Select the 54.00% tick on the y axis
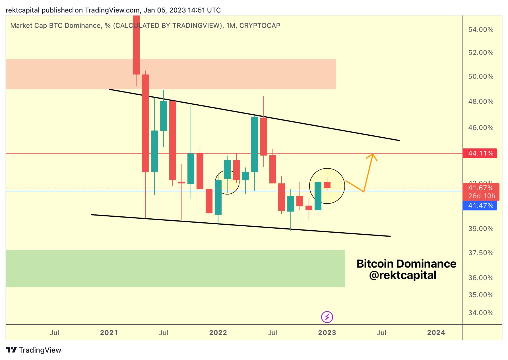[x=481, y=30]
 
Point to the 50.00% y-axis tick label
[x=481, y=76]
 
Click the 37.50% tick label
[x=481, y=253]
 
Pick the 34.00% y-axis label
[x=481, y=313]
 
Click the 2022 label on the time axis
[x=218, y=333]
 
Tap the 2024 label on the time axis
[x=436, y=333]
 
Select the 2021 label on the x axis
[x=109, y=333]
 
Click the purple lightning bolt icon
[x=327, y=317]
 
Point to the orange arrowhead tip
[x=373, y=154]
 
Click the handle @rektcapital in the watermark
[x=402, y=275]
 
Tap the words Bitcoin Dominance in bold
[x=406, y=264]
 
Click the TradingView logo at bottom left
[x=34, y=350]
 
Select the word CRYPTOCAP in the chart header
[x=260, y=26]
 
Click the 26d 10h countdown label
[x=482, y=196]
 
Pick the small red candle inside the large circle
[x=327, y=185]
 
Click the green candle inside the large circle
[x=318, y=196]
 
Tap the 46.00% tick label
[x=481, y=128]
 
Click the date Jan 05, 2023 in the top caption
[x=164, y=10]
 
